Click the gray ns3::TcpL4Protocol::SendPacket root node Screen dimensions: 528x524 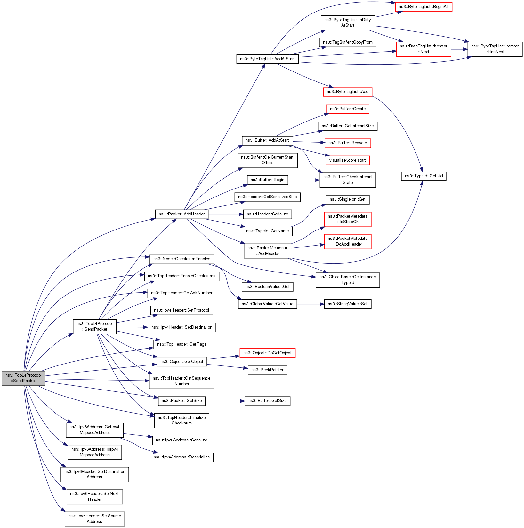pyautogui.click(x=23, y=378)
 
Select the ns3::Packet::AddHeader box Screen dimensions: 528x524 pyautogui.click(x=181, y=214)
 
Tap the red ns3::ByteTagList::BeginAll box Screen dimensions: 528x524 pyautogui.click(x=423, y=7)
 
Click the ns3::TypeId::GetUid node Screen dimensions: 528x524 pyautogui.click(x=423, y=176)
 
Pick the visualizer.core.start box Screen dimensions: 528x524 pyautogui.click(x=347, y=160)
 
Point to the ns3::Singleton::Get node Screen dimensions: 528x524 pyautogui.click(x=348, y=199)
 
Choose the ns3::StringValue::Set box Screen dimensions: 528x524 pyautogui.click(x=348, y=304)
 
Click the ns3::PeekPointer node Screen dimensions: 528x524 pyautogui.click(x=267, y=370)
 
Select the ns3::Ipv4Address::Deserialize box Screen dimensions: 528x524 pyautogui.click(x=181, y=457)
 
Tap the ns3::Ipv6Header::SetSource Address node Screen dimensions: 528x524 pyautogui.click(x=94, y=519)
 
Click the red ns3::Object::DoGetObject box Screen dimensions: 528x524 pyautogui.click(x=267, y=353)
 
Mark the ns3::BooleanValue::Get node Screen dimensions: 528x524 pyautogui.click(x=267, y=287)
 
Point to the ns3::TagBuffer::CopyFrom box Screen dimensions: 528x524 pyautogui.click(x=348, y=42)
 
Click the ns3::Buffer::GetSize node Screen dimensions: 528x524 pyautogui.click(x=267, y=401)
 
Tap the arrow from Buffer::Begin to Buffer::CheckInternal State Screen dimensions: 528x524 pyautogui.click(x=304, y=180)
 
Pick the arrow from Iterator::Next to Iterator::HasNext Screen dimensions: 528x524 pyautogui.click(x=459, y=49)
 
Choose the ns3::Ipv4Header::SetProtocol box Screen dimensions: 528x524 pyautogui.click(x=181, y=310)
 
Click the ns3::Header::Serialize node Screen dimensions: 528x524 pyautogui.click(x=267, y=214)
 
